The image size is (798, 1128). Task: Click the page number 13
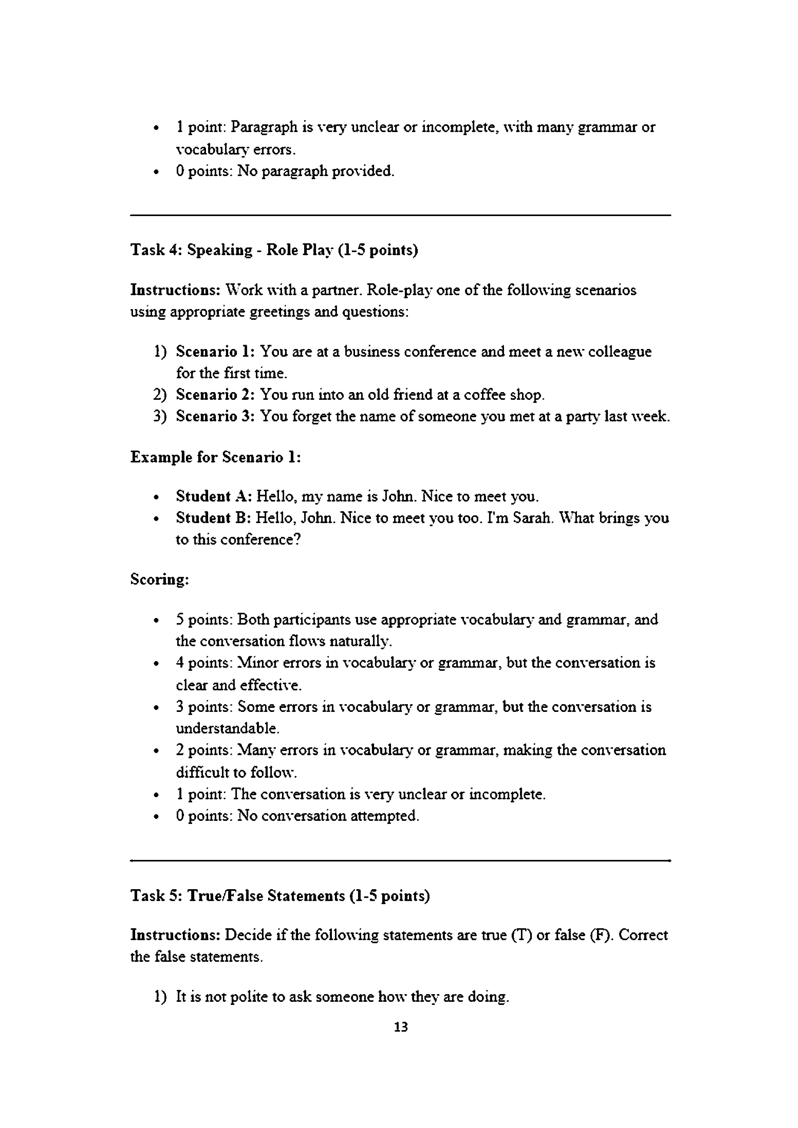pos(401,1027)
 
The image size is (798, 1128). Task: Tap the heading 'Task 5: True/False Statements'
pos(280,896)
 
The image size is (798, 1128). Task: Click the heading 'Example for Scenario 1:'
pos(215,457)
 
